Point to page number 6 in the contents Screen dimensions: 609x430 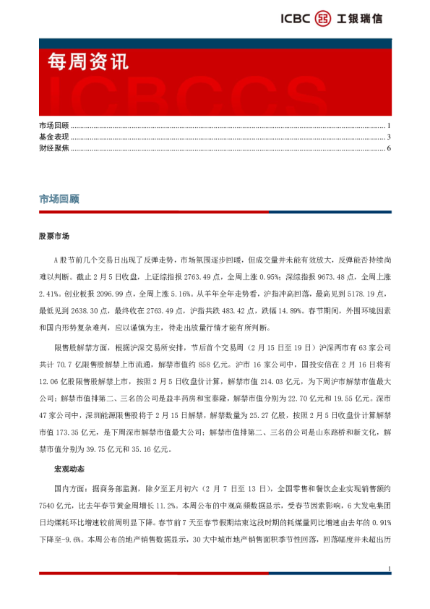(x=389, y=148)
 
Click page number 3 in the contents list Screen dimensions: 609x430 (x=389, y=137)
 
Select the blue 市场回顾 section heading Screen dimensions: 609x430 (x=59, y=199)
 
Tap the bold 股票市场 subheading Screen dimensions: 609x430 (x=54, y=237)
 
